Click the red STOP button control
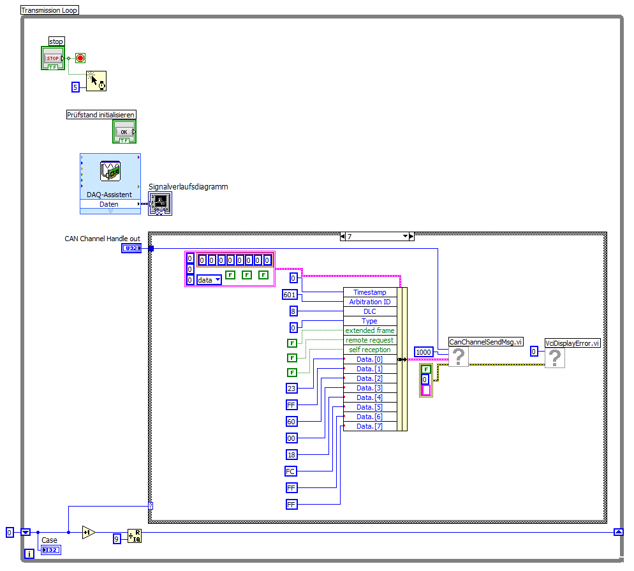[53, 58]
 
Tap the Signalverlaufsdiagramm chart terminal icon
[160, 204]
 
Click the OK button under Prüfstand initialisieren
[124, 131]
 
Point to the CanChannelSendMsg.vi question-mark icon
[459, 357]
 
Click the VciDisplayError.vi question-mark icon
[555, 358]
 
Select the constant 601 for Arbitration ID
[290, 295]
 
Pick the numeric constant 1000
[424, 352]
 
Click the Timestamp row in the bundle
[370, 292]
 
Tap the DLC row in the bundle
[370, 311]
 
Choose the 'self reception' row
[370, 350]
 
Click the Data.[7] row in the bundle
[370, 426]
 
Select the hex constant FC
[291, 471]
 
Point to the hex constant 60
[291, 421]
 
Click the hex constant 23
[291, 388]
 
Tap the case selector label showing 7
[376, 236]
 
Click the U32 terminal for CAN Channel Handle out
[131, 248]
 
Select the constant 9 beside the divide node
[117, 538]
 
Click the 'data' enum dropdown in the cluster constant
[209, 279]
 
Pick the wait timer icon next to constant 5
[96, 82]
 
